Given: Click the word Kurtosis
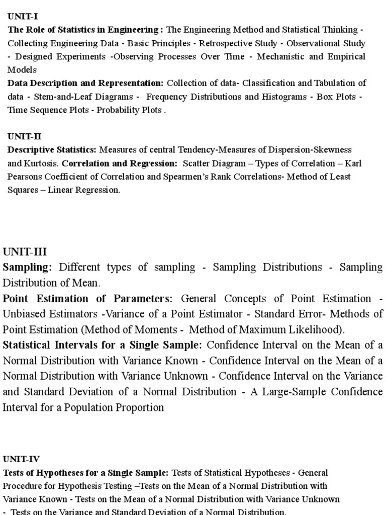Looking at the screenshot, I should click(x=42, y=163).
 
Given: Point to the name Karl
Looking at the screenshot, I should click(x=353, y=163).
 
